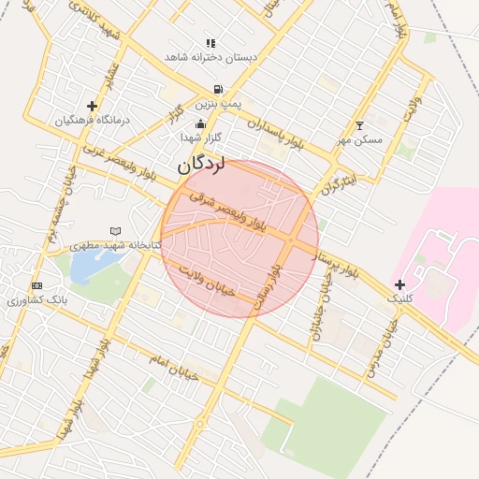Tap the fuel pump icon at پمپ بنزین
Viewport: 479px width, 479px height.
(217, 91)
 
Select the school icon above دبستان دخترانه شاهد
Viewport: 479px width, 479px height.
(210, 43)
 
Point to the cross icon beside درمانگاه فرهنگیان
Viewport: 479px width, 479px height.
(92, 106)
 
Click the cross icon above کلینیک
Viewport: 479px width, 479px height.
(400, 284)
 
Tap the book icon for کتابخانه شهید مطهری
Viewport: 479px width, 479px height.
(115, 230)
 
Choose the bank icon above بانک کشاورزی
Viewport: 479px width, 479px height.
(36, 285)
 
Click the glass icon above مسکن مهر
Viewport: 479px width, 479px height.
(360, 125)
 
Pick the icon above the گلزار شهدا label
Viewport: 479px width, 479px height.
(199, 123)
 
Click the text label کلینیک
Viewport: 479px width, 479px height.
(399, 298)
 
